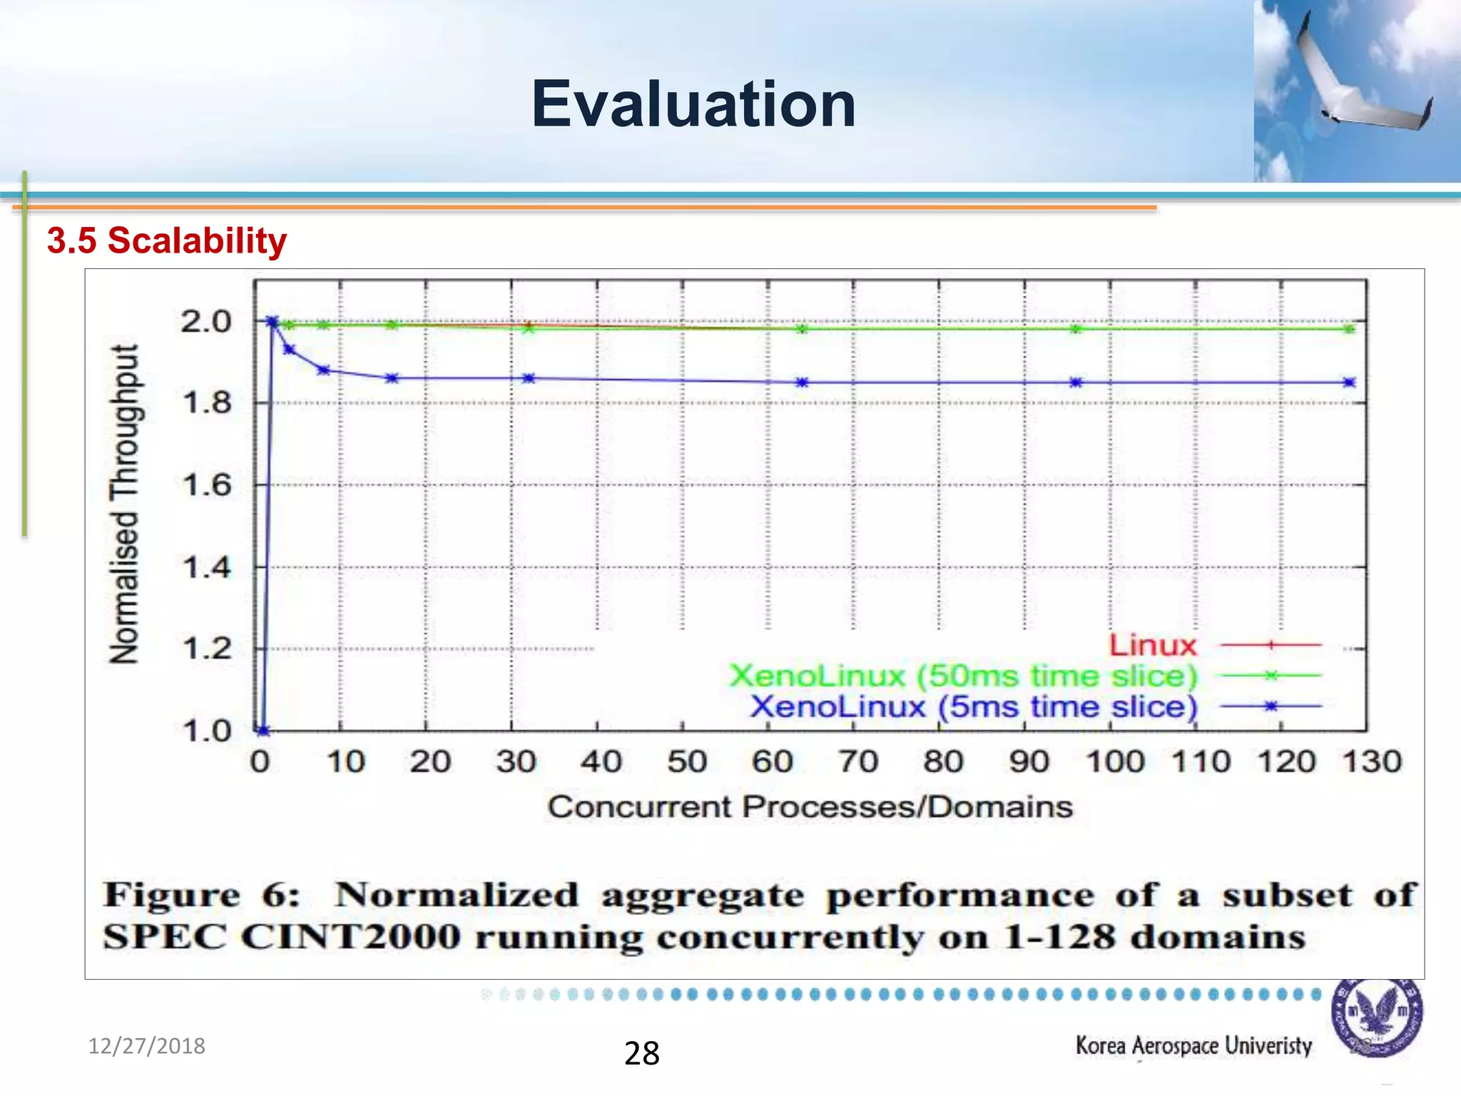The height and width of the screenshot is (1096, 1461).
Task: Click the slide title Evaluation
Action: (693, 105)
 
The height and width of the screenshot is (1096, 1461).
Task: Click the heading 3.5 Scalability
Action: (167, 240)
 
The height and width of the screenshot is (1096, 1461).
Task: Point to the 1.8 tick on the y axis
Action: (207, 403)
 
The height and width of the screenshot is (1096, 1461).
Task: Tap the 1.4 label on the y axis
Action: (207, 568)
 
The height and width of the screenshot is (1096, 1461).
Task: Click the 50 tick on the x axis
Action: (686, 761)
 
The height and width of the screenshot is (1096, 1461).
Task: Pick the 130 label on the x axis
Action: (1372, 761)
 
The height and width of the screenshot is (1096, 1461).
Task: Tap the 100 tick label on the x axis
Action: (1114, 761)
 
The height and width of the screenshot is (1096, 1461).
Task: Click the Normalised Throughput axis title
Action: (125, 504)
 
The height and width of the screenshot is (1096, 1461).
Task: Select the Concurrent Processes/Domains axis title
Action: (810, 807)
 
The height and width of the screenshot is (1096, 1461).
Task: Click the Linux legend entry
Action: (1153, 645)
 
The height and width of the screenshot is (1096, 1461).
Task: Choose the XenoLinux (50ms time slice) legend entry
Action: (963, 676)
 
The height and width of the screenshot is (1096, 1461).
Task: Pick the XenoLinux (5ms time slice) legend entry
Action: (973, 706)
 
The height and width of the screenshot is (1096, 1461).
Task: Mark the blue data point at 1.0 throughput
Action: (263, 730)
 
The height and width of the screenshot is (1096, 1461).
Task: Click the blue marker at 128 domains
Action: (1349, 382)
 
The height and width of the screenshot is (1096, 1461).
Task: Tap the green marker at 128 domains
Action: (1349, 329)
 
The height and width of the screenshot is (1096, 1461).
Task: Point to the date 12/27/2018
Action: (146, 1046)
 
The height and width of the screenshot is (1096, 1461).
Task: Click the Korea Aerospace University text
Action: (1193, 1045)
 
